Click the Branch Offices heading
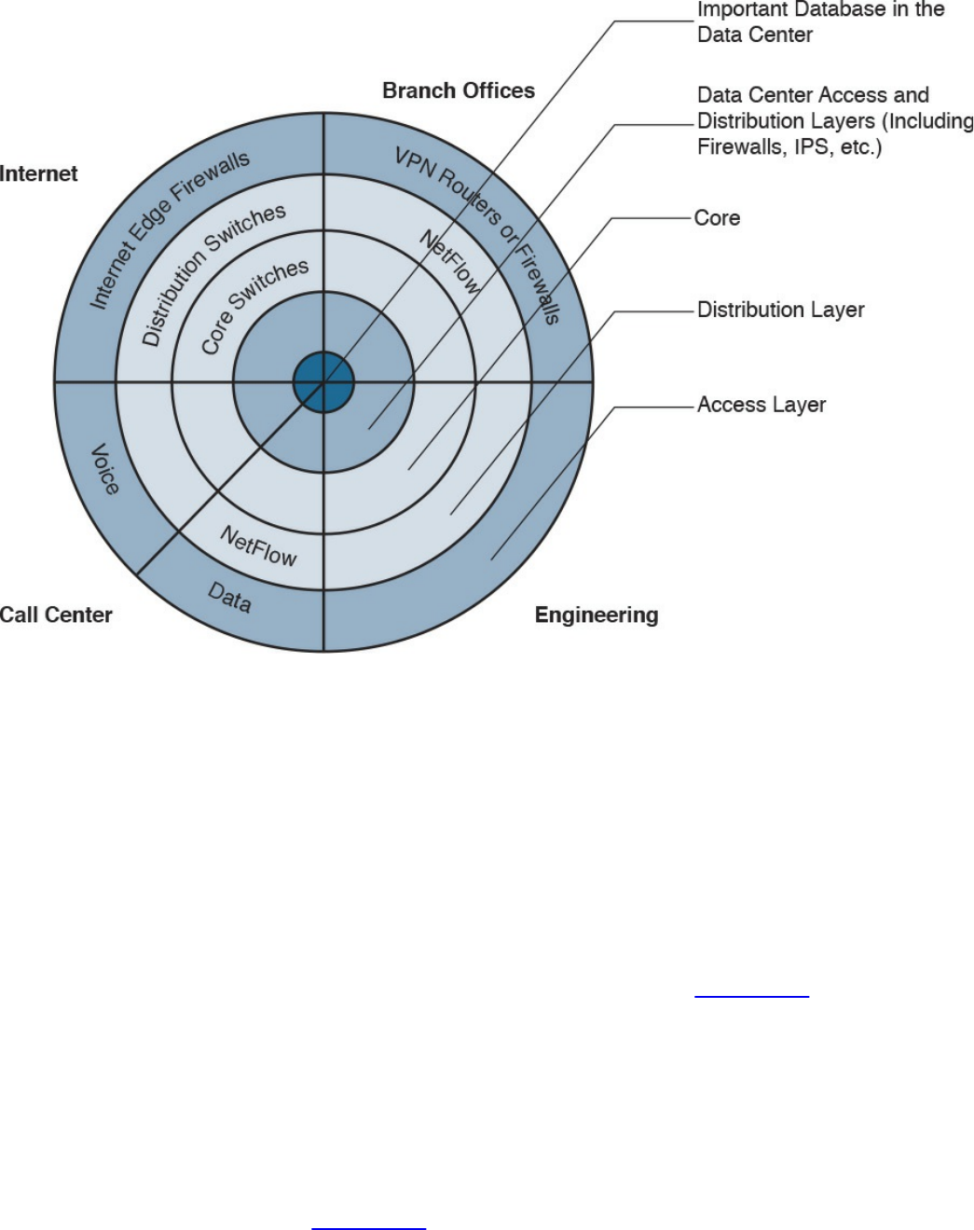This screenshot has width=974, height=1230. pos(459,90)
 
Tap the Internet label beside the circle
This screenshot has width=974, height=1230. pos(39,173)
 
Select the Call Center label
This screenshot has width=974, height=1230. pos(56,615)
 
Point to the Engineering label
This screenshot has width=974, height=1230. pos(597,615)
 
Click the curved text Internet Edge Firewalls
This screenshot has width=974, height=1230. pos(169,228)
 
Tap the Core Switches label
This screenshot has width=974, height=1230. pos(254,305)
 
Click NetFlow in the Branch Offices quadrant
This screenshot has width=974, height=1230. pos(450,262)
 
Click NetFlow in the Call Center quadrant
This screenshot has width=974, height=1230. pos(258,546)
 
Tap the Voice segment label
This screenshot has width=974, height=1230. pos(104,469)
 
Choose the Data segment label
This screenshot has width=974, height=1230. pos(229,598)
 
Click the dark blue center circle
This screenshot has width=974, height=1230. pos(323,381)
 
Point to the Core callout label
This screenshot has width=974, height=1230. pos(717,218)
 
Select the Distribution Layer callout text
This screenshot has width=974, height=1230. pos(780,310)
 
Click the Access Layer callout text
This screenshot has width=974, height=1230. pos(761,405)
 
